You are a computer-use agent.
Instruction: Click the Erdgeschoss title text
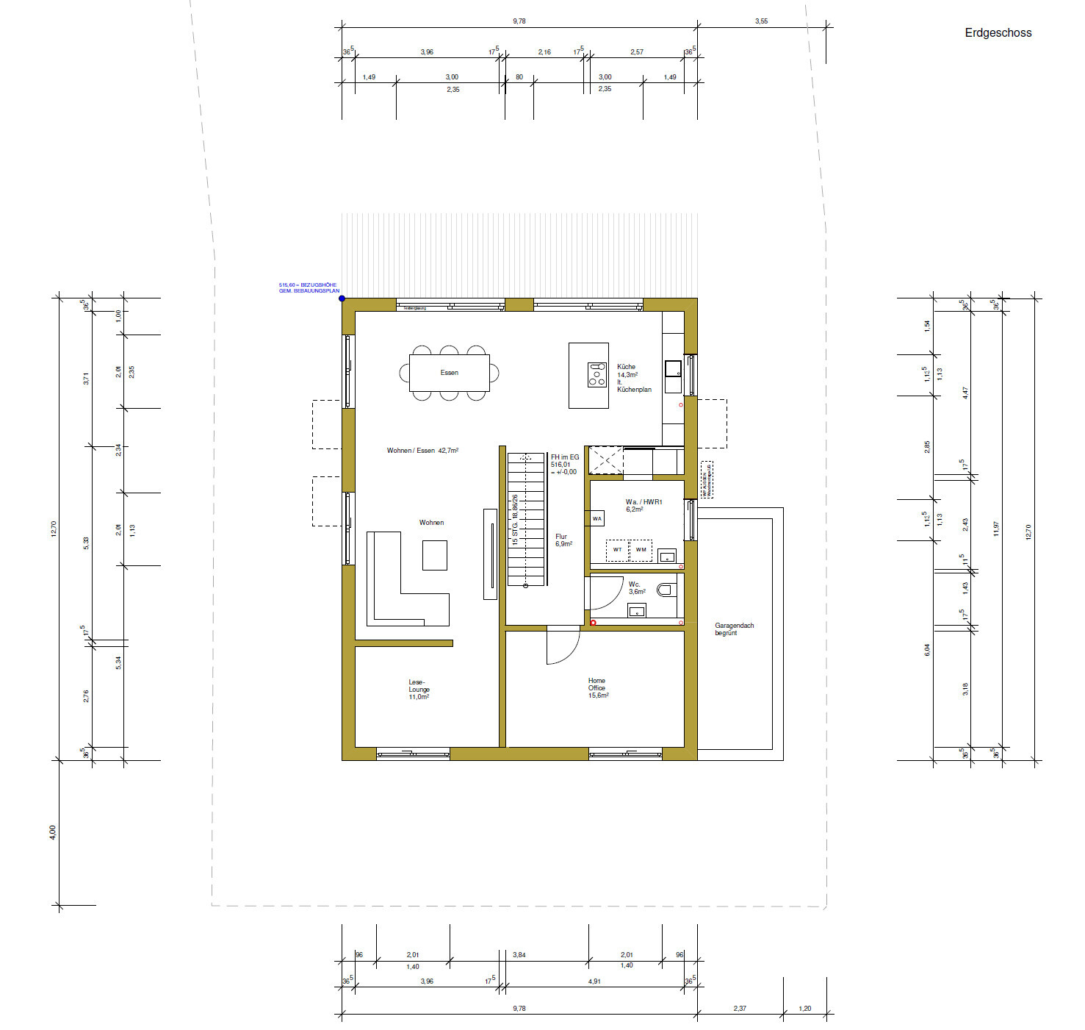[998, 33]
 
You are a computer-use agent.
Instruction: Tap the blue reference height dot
[342, 298]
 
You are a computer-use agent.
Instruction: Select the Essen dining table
[449, 373]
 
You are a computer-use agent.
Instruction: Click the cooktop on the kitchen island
[596, 374]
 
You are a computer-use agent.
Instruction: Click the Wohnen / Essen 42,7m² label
[422, 450]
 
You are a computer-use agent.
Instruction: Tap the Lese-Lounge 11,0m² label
[419, 690]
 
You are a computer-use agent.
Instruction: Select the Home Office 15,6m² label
[598, 688]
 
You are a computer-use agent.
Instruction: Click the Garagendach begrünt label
[734, 629]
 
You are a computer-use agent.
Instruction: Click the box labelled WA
[597, 518]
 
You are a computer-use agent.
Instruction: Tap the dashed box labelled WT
[617, 550]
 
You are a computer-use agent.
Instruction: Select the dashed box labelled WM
[641, 550]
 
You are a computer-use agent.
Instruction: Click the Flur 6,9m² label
[563, 540]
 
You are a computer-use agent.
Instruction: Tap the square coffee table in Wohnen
[434, 555]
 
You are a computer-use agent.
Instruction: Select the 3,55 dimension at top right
[761, 21]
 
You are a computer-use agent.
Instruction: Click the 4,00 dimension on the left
[52, 832]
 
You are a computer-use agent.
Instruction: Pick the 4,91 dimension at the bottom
[593, 981]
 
